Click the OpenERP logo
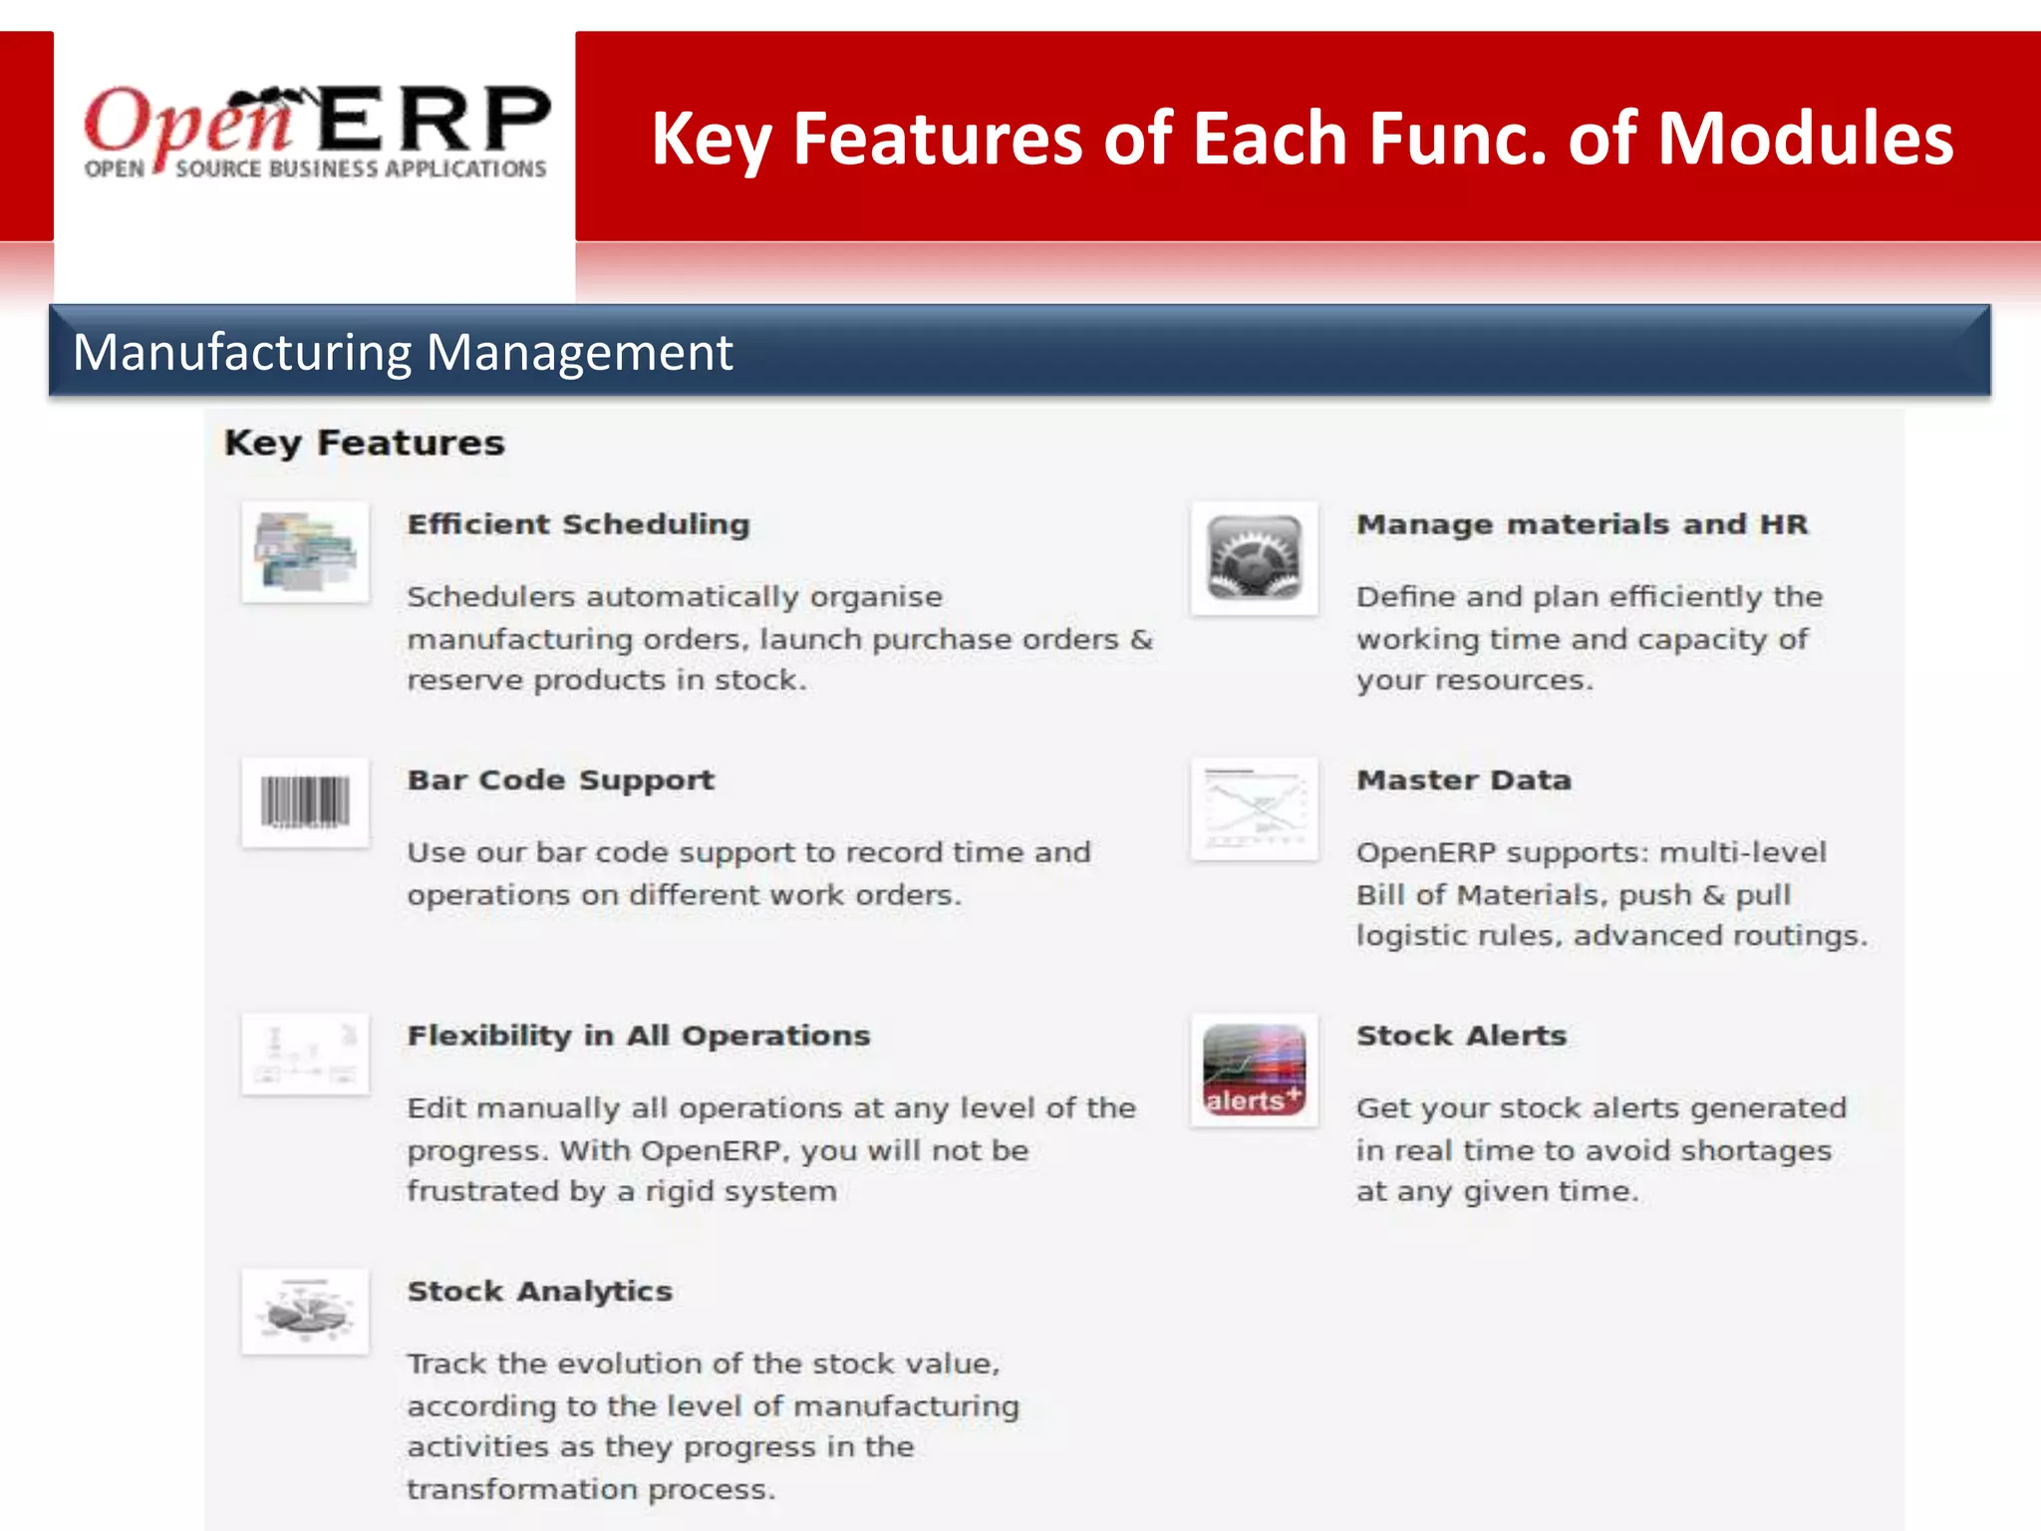(315, 133)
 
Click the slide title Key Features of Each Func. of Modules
(1302, 138)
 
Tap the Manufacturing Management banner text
(403, 352)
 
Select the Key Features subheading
(364, 443)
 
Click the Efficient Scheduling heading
(578, 524)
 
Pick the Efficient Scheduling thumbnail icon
(305, 551)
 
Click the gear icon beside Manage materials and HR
(1255, 557)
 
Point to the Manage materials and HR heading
(1582, 524)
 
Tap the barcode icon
(305, 802)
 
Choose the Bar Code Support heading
(560, 779)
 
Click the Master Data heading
(1463, 779)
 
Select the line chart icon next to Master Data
(1255, 808)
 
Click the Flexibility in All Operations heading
(638, 1036)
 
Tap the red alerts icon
(1255, 1070)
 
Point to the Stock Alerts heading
(1461, 1036)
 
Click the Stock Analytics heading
(539, 1291)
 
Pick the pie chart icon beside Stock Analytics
(305, 1311)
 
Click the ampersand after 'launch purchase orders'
(1141, 639)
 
